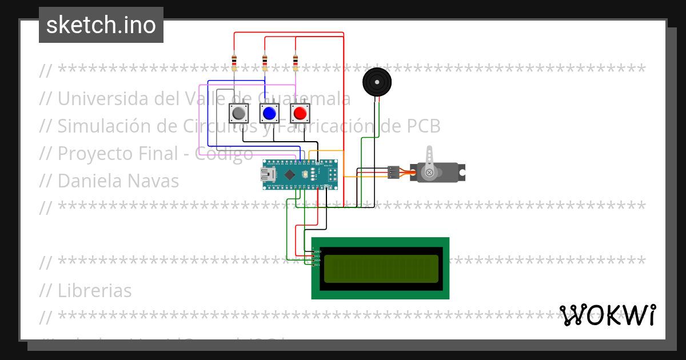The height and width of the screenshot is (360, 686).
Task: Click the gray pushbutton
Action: coord(239,114)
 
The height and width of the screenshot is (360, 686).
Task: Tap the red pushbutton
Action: coord(300,114)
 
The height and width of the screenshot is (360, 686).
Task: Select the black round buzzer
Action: coord(377,82)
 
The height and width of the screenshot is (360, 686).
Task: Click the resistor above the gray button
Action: coord(234,62)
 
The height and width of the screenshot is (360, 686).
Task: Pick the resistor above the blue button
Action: coord(265,62)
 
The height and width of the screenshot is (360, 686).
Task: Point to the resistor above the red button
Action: coord(296,62)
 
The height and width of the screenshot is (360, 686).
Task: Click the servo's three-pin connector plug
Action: coord(393,172)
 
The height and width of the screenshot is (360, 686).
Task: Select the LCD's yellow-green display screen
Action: coord(381,269)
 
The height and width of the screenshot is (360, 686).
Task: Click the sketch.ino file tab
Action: coord(101,25)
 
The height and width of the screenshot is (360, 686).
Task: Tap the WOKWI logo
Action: coord(608,315)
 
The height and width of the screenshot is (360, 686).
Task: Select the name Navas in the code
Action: coord(154,181)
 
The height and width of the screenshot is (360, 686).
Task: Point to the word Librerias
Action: coord(94,290)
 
